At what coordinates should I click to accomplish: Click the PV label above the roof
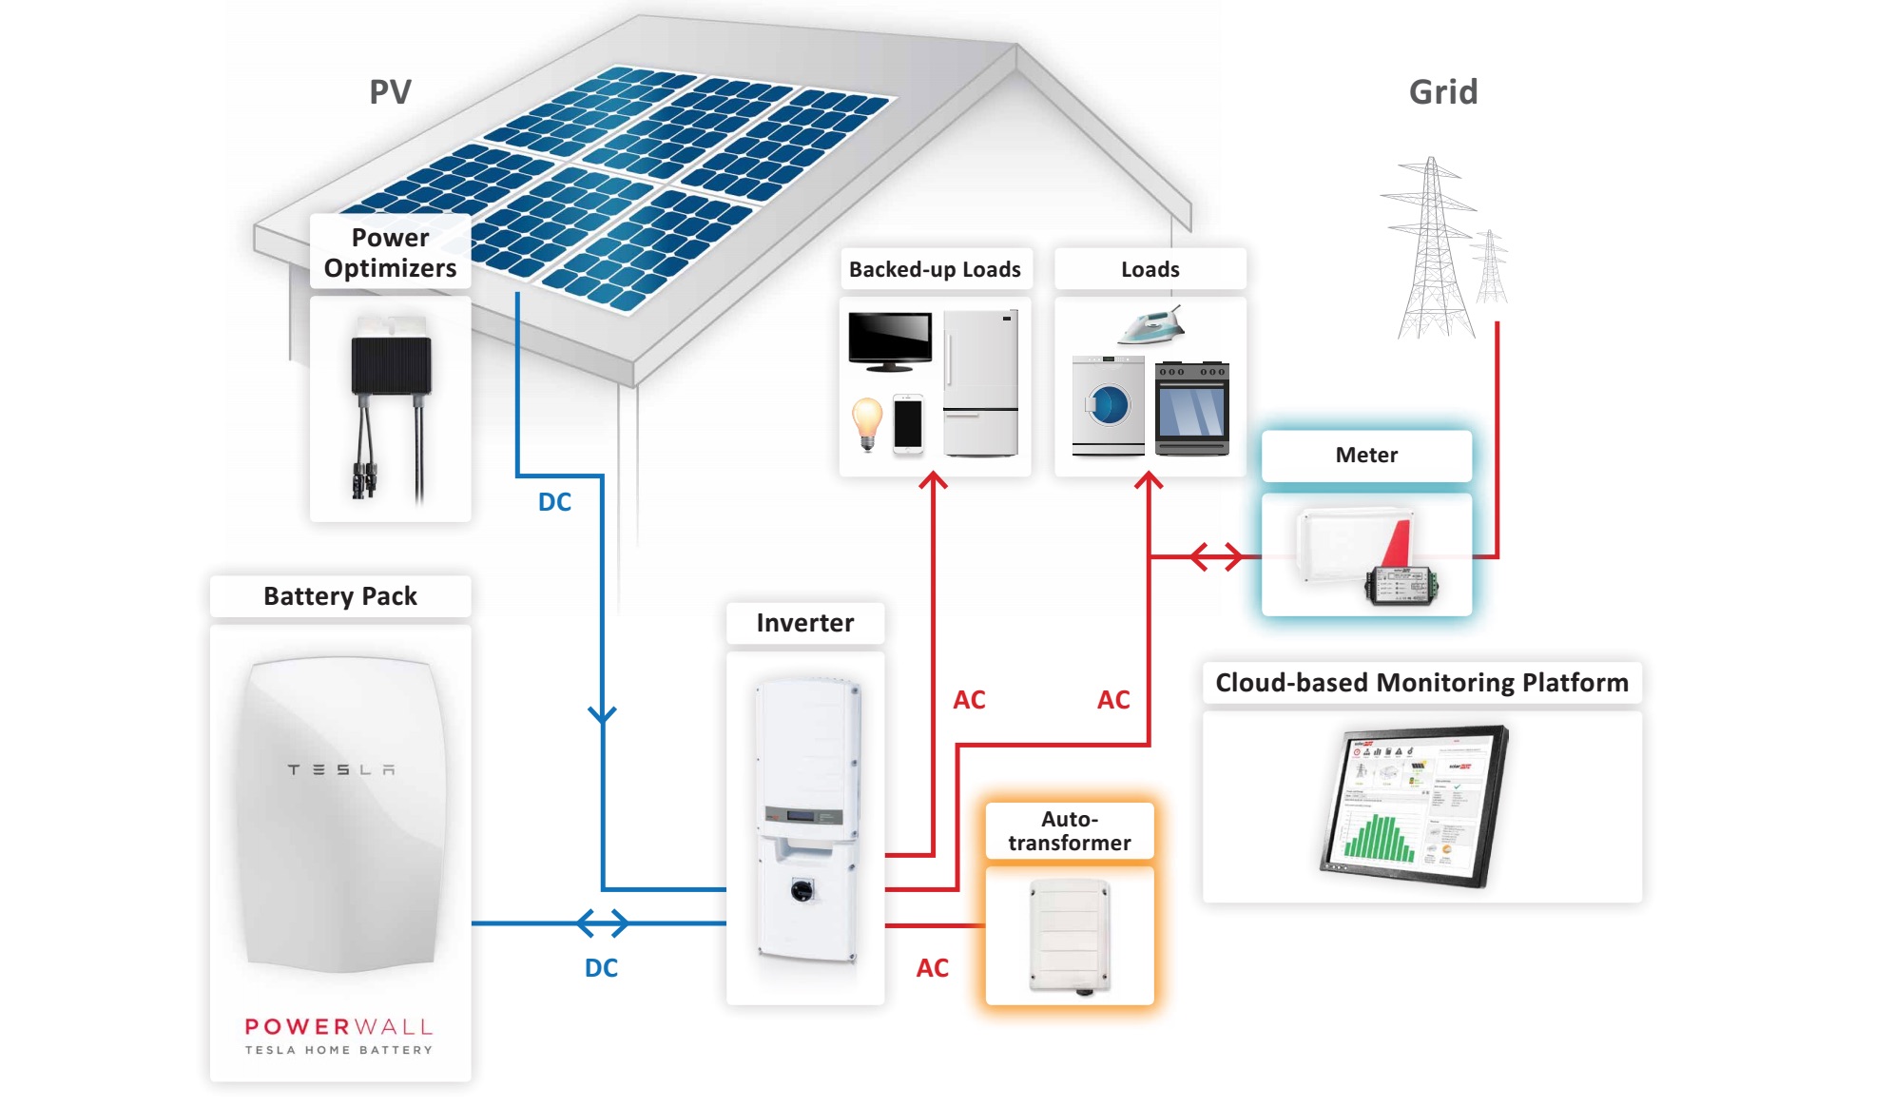tap(390, 92)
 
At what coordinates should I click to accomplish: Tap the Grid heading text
tap(1442, 92)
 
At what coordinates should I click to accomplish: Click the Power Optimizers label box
tap(390, 252)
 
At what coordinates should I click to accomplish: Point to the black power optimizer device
tap(391, 366)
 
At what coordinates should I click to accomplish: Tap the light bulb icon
tap(866, 421)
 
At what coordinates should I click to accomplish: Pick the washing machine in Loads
tap(1108, 405)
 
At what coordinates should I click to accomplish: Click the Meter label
tap(1366, 456)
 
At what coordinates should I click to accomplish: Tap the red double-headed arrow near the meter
tap(1216, 556)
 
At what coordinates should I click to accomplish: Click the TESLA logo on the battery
tap(340, 769)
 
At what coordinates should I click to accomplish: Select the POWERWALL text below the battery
tap(338, 1027)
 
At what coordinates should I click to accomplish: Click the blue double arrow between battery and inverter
tap(603, 922)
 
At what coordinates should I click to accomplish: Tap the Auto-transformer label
tap(1069, 831)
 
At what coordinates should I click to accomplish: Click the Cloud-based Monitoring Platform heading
tap(1421, 683)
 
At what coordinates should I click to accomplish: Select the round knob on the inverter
tap(802, 889)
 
